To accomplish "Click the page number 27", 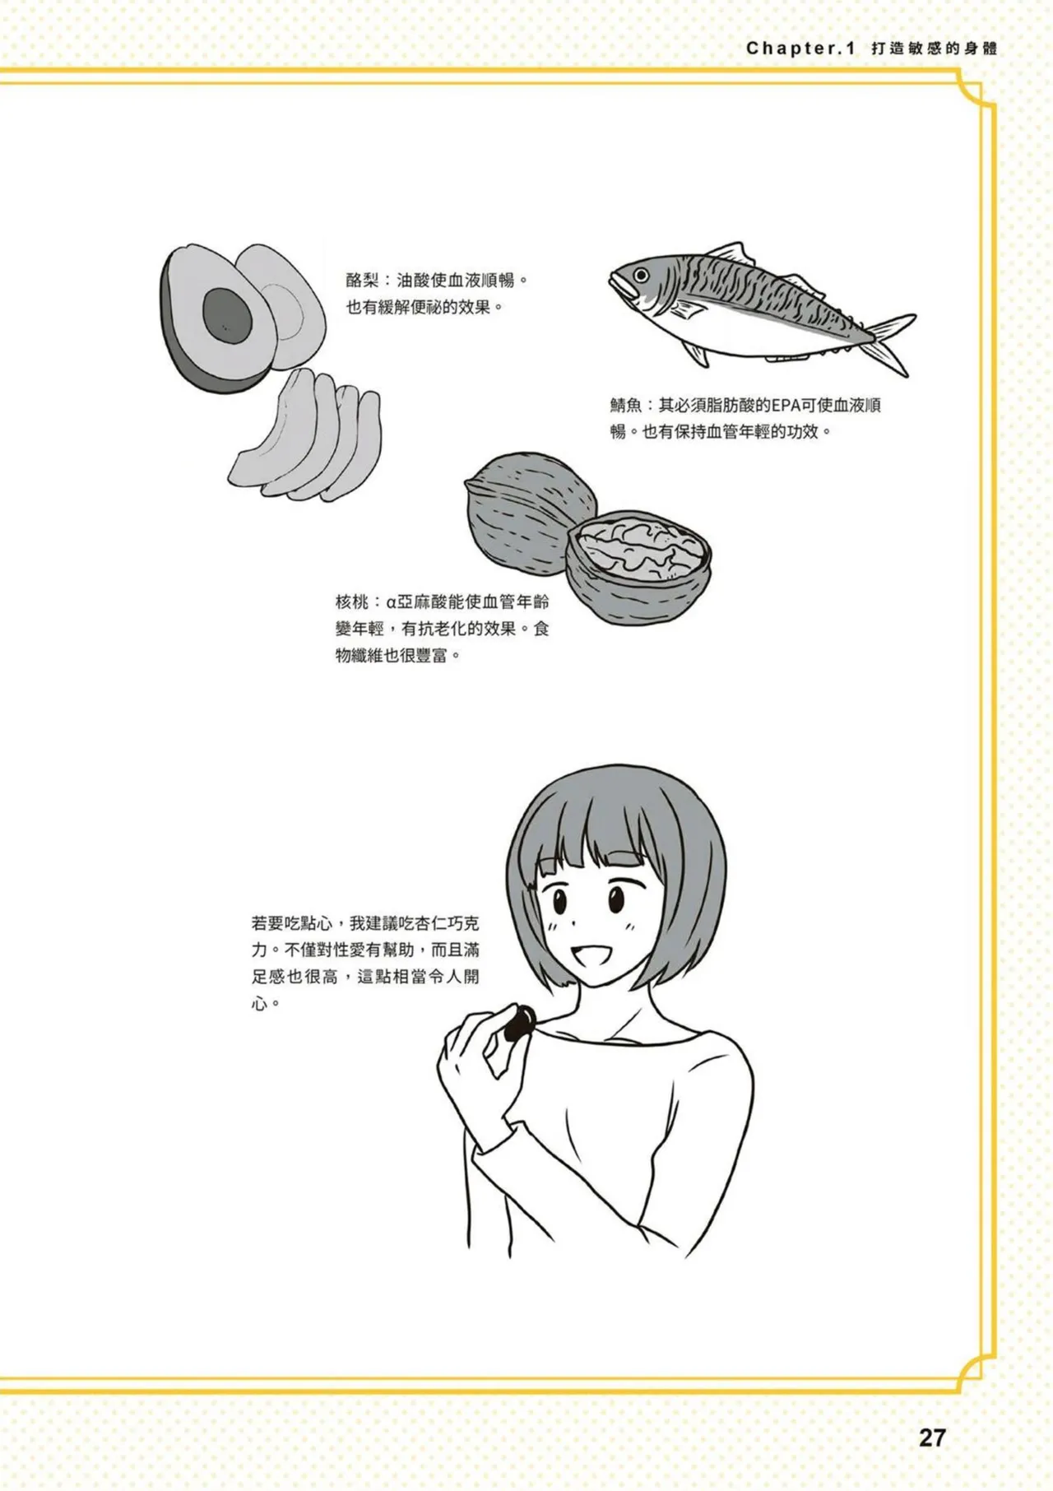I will click(932, 1438).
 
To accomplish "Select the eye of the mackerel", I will click(641, 275).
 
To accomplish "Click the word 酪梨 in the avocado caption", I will click(362, 281).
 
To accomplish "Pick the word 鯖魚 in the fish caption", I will click(626, 405).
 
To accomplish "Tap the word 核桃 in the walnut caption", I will click(351, 602).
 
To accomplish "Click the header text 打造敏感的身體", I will click(935, 49).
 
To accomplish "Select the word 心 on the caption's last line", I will click(260, 1004).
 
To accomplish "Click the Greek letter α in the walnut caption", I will click(391, 602).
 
